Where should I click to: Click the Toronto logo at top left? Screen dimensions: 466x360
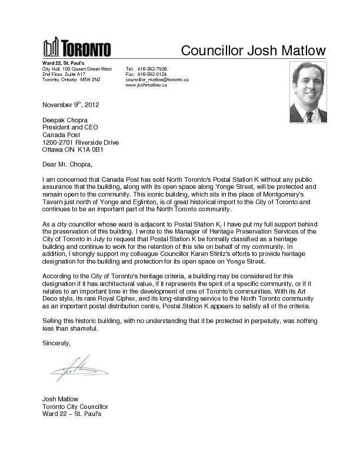76,47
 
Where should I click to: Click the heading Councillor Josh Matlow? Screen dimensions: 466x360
253,50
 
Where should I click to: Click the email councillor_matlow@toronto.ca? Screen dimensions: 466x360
157,79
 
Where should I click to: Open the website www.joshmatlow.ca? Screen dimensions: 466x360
146,85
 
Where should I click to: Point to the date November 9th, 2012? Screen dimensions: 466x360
71,105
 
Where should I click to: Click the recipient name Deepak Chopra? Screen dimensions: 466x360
65,120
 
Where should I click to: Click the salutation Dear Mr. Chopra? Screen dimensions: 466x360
68,164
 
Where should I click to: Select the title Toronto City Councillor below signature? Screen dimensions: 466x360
75,407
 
